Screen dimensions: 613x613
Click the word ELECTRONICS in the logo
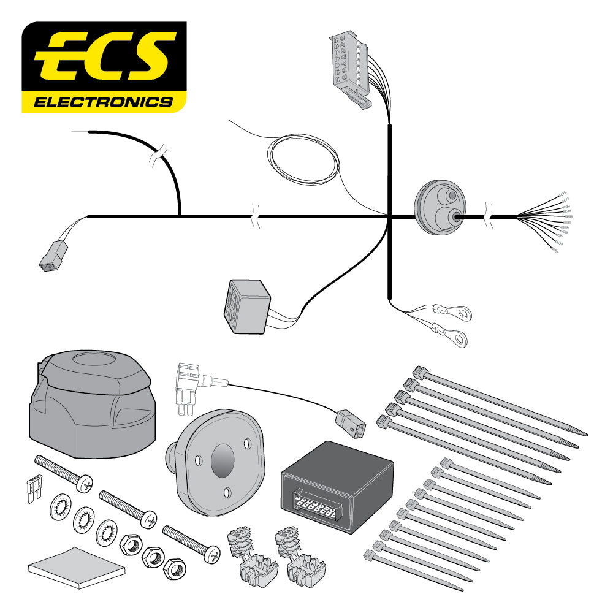click(103, 101)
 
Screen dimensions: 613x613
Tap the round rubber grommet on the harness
click(440, 209)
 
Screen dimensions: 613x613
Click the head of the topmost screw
click(86, 484)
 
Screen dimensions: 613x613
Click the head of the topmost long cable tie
click(420, 371)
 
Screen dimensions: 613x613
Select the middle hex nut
click(153, 557)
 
